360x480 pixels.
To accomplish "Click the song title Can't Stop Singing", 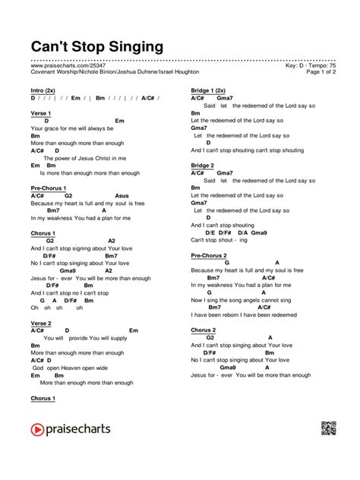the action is [x=96, y=47].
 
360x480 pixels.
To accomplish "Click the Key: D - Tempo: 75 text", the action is [x=305, y=65].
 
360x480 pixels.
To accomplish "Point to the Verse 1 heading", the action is [x=41, y=113].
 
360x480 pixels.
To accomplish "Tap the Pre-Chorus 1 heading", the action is [x=49, y=188].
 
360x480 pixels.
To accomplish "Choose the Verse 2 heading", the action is [x=41, y=323].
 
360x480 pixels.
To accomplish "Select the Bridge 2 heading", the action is [x=203, y=165].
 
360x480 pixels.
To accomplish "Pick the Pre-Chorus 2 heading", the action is [x=209, y=255].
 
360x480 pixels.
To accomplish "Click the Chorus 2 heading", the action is [x=204, y=330].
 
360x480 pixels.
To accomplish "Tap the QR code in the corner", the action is [x=329, y=428].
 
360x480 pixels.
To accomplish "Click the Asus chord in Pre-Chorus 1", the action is [x=122, y=195].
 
